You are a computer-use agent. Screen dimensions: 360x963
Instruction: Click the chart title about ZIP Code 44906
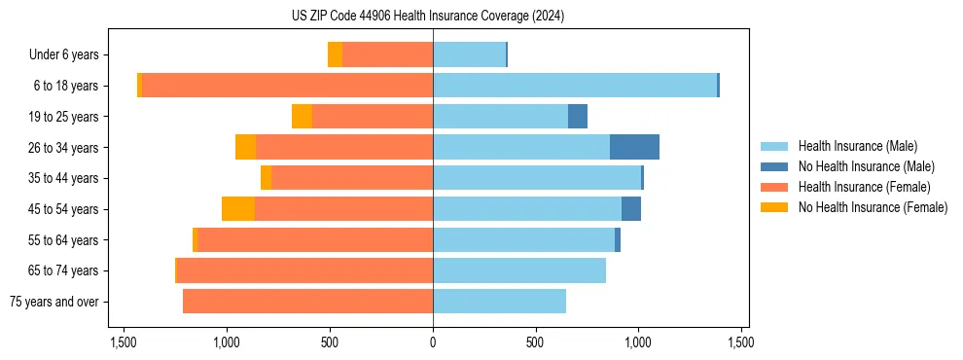427,16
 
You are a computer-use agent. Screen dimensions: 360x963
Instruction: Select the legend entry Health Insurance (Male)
857,146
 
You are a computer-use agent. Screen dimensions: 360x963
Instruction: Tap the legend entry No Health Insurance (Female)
872,207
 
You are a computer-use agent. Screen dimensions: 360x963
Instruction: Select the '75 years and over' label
53,302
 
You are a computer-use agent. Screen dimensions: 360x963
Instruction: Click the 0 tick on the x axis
433,342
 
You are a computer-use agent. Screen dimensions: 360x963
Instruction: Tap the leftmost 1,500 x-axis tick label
124,342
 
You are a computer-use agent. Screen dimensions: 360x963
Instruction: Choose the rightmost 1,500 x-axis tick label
741,342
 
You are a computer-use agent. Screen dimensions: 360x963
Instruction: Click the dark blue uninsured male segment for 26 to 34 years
634,147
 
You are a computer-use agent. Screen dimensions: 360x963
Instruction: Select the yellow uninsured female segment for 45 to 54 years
238,209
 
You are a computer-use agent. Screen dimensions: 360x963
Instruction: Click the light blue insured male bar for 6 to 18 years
575,86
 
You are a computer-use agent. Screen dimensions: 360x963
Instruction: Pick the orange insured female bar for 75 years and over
307,302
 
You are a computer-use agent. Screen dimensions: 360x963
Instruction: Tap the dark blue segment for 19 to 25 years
578,117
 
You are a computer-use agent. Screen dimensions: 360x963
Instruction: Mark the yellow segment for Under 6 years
335,54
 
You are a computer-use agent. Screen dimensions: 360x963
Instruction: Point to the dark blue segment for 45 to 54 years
631,209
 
